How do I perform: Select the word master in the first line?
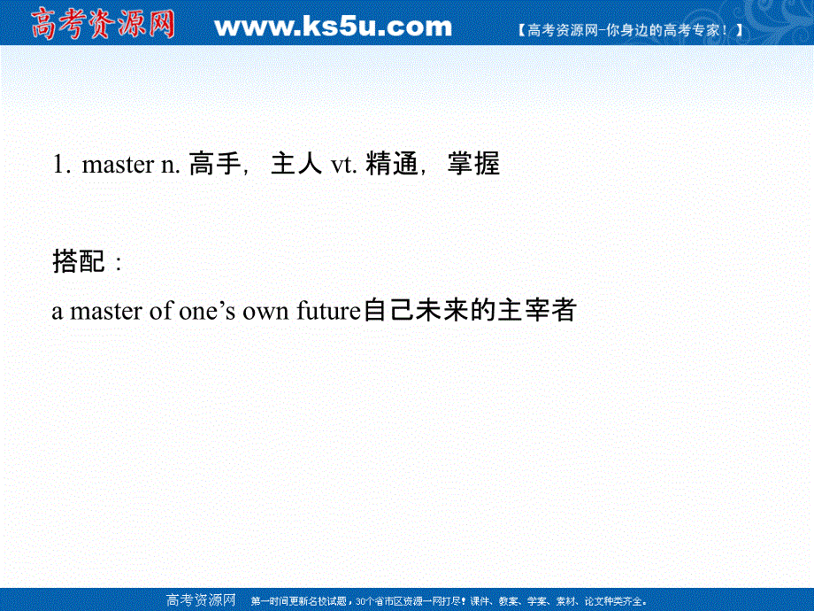click(x=117, y=165)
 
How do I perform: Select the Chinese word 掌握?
click(x=473, y=165)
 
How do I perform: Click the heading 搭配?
click(x=79, y=262)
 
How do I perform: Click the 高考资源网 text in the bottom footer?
click(x=202, y=599)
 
